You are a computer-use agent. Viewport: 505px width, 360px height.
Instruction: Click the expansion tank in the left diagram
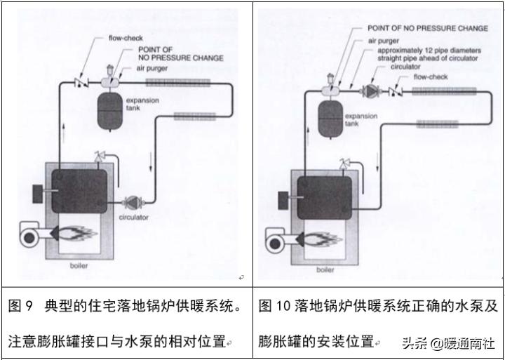(x=112, y=111)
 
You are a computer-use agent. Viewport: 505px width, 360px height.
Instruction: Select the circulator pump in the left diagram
(x=132, y=203)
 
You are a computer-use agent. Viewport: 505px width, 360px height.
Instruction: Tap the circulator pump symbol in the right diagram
(x=370, y=91)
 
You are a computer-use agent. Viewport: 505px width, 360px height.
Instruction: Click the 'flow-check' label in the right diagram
(x=430, y=76)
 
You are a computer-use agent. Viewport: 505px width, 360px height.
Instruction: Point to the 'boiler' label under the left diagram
(x=79, y=266)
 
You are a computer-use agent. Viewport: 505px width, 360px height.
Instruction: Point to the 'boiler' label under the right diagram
(x=325, y=269)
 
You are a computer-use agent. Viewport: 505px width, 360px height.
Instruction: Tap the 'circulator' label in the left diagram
(x=133, y=218)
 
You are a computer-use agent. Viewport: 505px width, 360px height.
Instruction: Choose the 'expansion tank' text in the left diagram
(x=142, y=105)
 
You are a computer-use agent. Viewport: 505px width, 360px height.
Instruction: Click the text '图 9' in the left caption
(x=21, y=307)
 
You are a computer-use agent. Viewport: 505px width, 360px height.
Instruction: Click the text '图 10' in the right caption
(x=274, y=307)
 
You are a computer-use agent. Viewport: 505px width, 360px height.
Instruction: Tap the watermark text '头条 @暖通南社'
(x=448, y=343)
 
